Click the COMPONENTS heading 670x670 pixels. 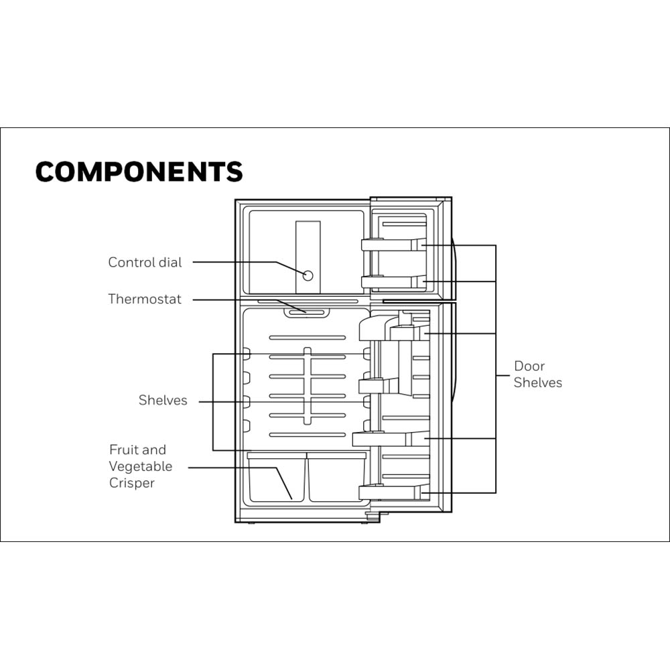139,172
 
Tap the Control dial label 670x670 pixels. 145,262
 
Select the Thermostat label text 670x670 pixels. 145,299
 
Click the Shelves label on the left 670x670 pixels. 163,400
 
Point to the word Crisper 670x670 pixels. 131,483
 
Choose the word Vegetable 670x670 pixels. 141,466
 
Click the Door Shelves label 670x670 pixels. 537,374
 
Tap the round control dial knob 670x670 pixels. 308,275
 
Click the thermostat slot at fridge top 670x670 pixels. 307,312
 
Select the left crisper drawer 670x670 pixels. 277,477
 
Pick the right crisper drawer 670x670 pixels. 336,477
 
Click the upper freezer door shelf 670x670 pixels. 393,245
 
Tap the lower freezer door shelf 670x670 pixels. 393,281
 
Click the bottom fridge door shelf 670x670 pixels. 394,492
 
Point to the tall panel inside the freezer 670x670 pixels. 308,257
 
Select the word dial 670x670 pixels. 170,262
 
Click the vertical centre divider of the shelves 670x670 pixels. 308,386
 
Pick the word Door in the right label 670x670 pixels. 529,366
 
